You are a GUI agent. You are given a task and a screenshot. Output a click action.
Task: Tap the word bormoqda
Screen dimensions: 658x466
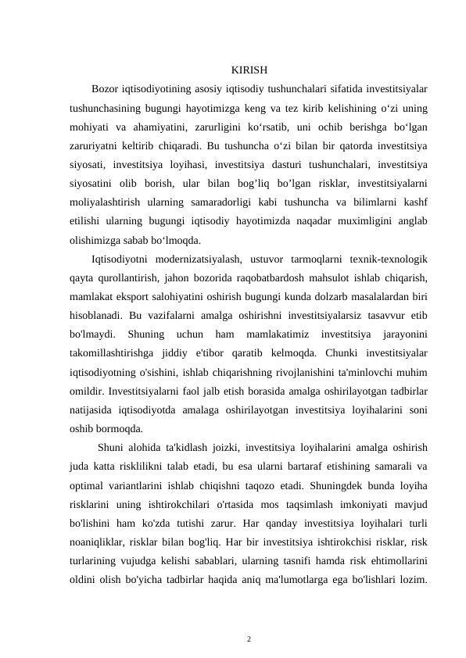point(120,427)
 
